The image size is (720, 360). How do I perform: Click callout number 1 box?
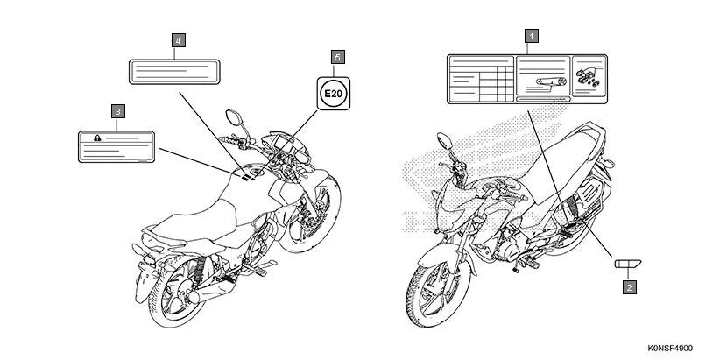[x=529, y=37]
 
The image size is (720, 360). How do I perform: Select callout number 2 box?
[x=628, y=285]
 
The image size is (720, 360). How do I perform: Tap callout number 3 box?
[x=117, y=111]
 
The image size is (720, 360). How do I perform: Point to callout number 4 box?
[x=179, y=40]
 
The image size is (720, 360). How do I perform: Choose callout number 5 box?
[x=337, y=56]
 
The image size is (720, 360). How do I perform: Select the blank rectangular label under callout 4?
[x=173, y=71]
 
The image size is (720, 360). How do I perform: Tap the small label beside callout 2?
[x=627, y=262]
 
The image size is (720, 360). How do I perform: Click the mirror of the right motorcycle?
[x=444, y=138]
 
